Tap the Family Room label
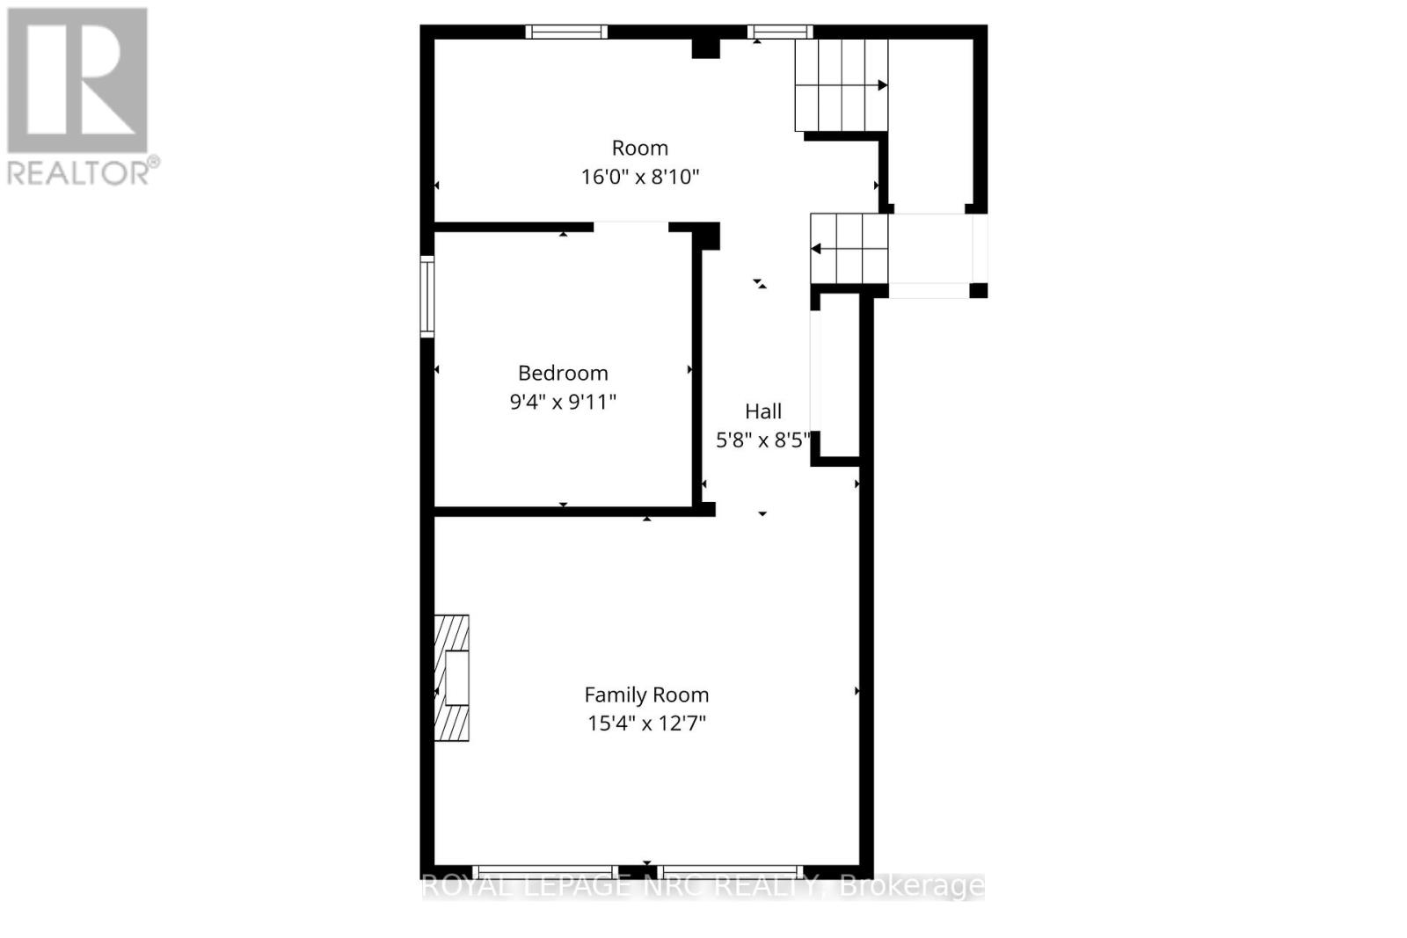pos(646,694)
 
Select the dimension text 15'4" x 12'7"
pos(646,723)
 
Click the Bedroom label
pos(563,373)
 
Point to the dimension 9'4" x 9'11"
pos(563,402)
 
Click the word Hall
pos(763,411)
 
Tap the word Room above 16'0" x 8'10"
pos(640,148)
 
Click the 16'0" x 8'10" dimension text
pos(640,177)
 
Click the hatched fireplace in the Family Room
pos(452,677)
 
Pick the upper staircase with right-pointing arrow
pos(841,85)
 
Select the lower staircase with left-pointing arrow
pos(849,249)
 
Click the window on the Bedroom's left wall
pos(427,296)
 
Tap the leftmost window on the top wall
pos(566,32)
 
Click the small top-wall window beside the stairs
pos(780,32)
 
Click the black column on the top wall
pos(705,47)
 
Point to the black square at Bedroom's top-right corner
pos(709,236)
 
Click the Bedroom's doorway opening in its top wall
pos(631,227)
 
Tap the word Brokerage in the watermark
pos(913,886)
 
